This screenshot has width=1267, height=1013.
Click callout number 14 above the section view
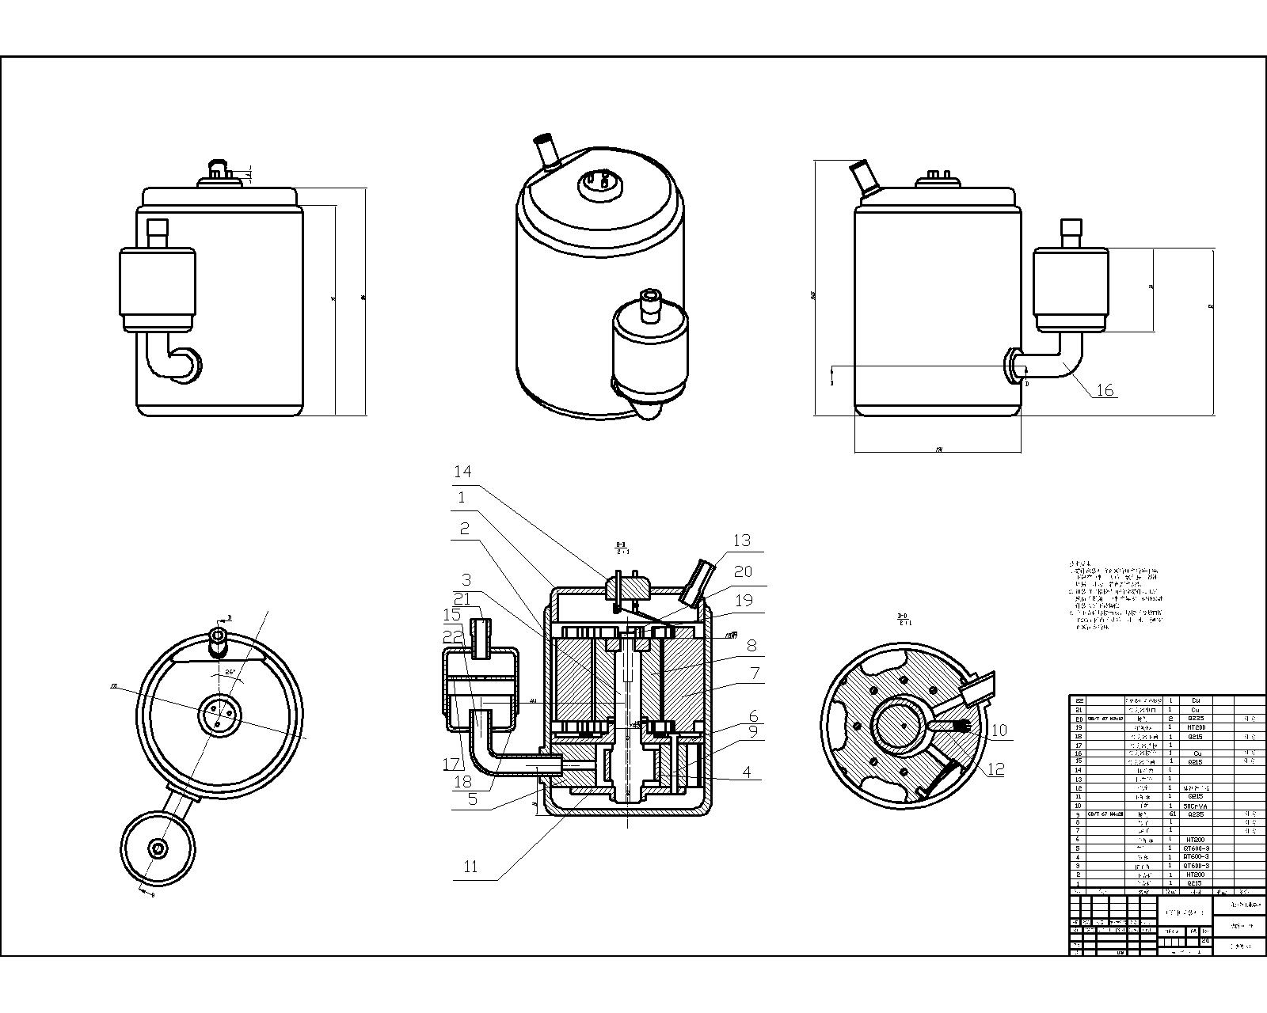[462, 472]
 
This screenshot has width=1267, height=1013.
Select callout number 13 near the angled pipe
[741, 541]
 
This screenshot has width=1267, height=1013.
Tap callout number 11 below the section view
[470, 867]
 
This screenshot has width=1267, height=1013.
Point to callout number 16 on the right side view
[1105, 389]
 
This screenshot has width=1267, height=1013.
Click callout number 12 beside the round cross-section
[995, 769]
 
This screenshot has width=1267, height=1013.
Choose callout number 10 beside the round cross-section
[999, 730]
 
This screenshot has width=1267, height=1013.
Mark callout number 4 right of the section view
[747, 772]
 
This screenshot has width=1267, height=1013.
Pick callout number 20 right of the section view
[743, 571]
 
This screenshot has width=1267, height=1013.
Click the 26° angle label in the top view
[230, 673]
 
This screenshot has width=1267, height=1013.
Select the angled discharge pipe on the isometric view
[546, 150]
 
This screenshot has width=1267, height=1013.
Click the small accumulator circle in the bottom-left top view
[158, 848]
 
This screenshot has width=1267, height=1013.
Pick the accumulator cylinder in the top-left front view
[158, 289]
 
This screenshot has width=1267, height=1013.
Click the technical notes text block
[1117, 596]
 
